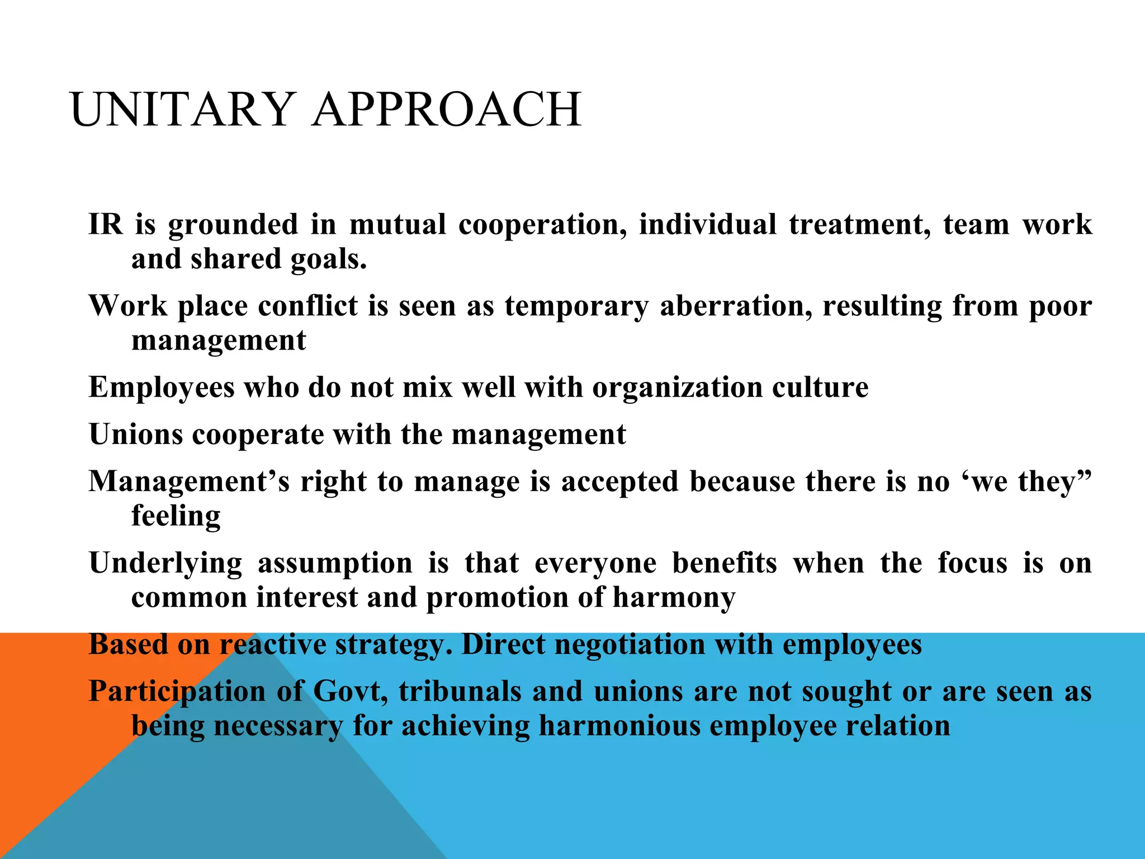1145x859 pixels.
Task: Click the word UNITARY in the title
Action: (182, 110)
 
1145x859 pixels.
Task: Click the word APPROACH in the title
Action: (447, 110)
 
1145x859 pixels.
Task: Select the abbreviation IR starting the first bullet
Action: (106, 225)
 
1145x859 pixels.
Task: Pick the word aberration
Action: (736, 306)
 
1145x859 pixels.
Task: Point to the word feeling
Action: (176, 517)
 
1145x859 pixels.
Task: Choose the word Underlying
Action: (165, 563)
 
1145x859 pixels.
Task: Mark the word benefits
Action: (725, 563)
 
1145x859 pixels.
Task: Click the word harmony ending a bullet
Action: (674, 598)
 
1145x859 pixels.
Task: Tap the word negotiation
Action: (630, 645)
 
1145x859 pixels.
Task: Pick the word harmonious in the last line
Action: (619, 726)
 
